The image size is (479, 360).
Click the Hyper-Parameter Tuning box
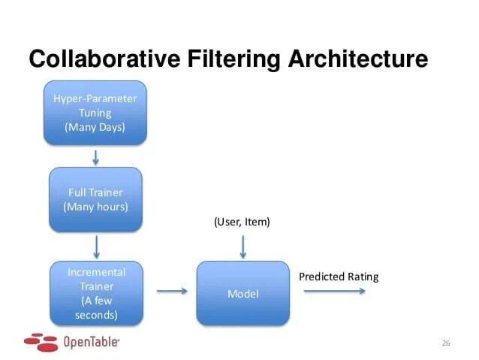point(95,113)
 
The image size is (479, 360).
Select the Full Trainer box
point(95,199)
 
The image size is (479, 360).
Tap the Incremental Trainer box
point(95,293)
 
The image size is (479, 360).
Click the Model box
point(243,293)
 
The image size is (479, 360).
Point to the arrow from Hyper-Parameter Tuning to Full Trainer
point(95,156)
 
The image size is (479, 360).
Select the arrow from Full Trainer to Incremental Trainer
point(95,247)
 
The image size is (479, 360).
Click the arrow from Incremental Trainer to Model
point(172,292)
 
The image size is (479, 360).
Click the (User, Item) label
point(242,222)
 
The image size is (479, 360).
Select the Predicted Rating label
point(339,277)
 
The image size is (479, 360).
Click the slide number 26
point(445,343)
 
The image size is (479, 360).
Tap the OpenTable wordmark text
point(92,341)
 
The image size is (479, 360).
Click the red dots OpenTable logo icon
point(41,342)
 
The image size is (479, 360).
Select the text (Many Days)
point(95,127)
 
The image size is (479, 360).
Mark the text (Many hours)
point(95,206)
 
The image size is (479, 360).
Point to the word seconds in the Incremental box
point(95,315)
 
